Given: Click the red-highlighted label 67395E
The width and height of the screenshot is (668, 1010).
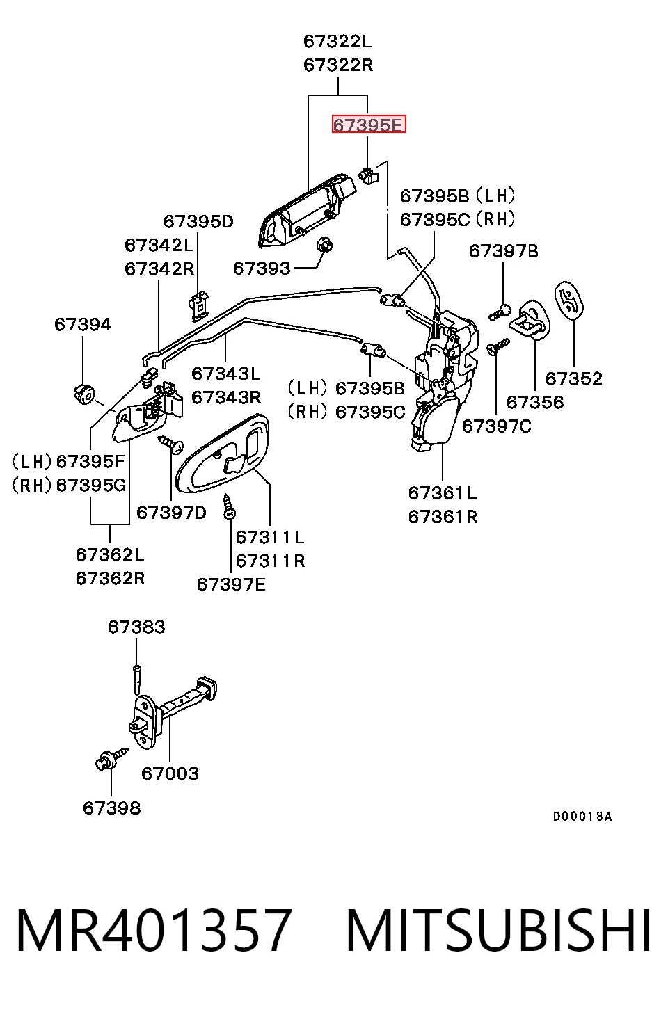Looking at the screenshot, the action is (369, 124).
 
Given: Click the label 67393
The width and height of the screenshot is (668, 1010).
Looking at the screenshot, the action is (262, 268).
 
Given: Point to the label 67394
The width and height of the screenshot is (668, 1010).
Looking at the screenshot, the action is (83, 324).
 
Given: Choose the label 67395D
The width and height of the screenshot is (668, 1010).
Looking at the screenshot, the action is (198, 221).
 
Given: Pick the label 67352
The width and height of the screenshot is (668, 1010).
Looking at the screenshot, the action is (574, 378).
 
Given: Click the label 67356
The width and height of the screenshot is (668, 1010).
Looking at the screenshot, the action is (535, 402).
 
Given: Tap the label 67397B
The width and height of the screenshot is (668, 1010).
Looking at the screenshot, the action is (503, 250).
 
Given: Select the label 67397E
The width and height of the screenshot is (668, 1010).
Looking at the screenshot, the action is (231, 584).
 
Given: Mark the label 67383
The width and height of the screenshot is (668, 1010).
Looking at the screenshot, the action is (136, 627).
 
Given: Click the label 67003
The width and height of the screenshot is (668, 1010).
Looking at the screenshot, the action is (170, 773).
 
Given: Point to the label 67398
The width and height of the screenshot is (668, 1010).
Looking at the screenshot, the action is (111, 808).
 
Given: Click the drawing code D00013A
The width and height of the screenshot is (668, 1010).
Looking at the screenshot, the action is (582, 816).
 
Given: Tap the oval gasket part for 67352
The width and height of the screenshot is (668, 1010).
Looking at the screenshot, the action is (569, 300).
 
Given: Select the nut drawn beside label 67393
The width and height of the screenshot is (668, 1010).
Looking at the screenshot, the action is (325, 245).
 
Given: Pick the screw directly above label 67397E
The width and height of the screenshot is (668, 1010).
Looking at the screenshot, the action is (229, 506).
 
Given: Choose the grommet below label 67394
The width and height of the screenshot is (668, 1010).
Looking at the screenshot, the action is (84, 394).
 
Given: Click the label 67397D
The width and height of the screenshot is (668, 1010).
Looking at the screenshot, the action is (171, 512).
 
